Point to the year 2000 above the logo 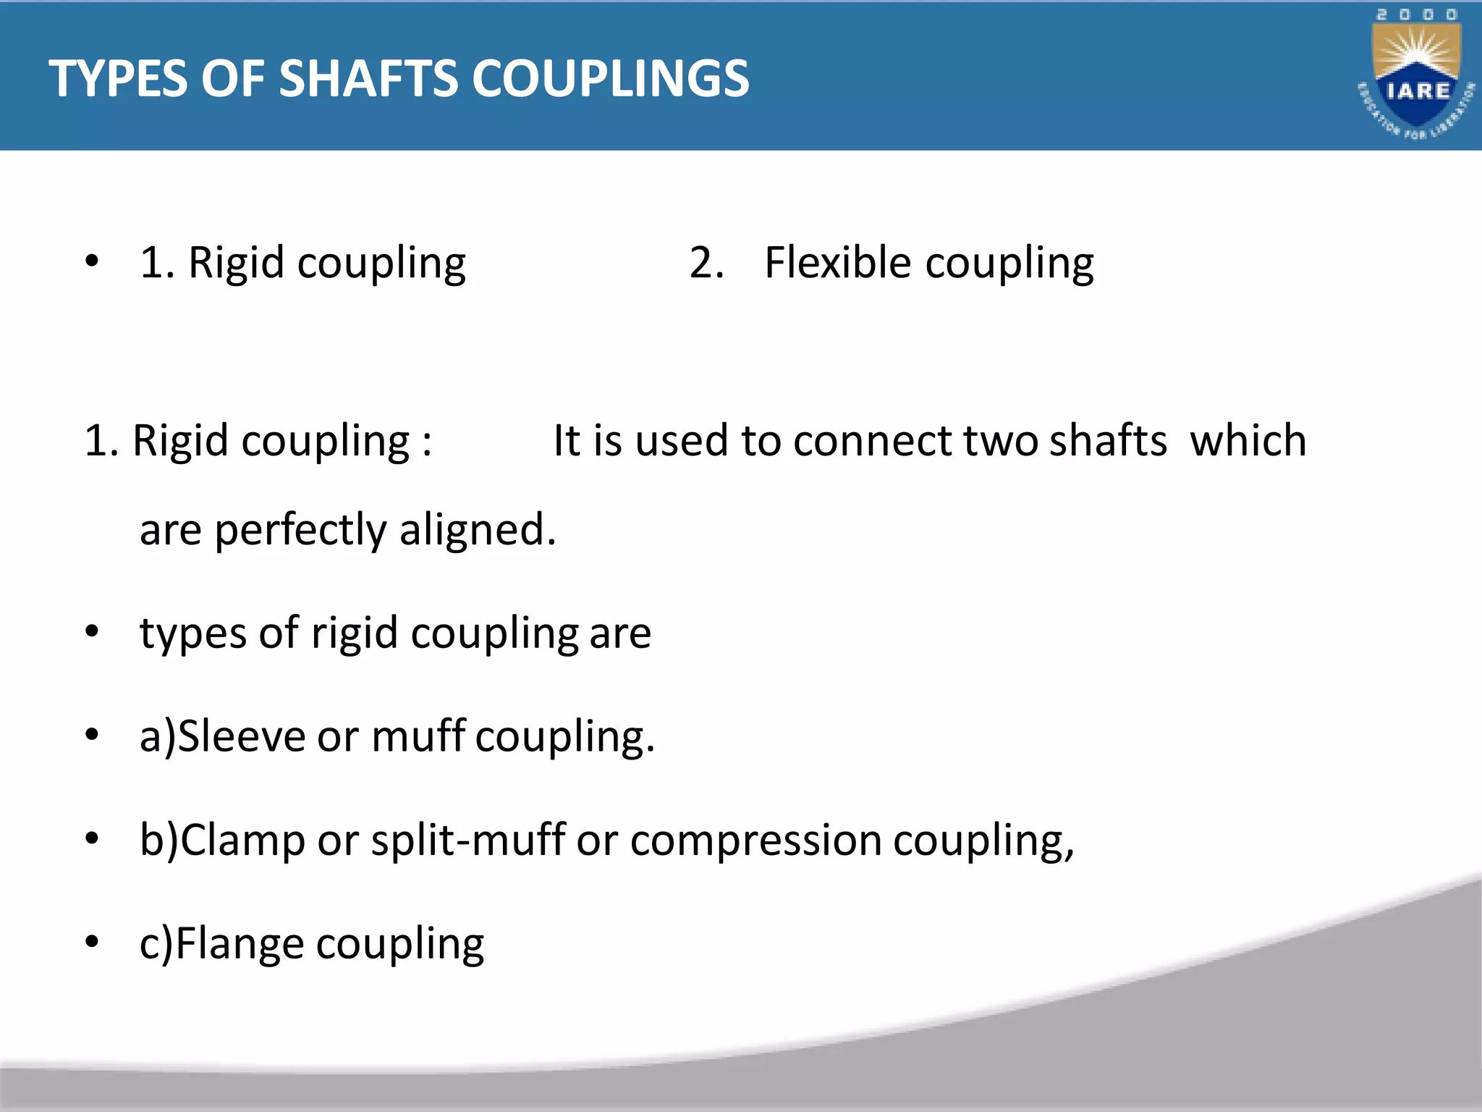click(x=1416, y=14)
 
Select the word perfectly click(x=300, y=531)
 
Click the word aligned click(x=477, y=531)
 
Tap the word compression click(x=755, y=841)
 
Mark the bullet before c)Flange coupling click(x=91, y=943)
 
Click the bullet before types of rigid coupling click(x=91, y=632)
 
